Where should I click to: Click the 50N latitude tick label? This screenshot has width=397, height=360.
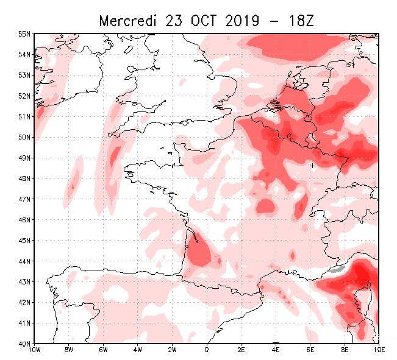pyautogui.click(x=24, y=137)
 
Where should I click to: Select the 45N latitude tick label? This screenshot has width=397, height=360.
pyautogui.click(x=24, y=240)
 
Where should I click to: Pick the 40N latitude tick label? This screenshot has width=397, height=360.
pyautogui.click(x=24, y=343)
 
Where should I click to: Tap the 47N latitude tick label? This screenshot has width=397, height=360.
pyautogui.click(x=24, y=199)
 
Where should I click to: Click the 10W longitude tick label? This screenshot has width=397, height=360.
pyautogui.click(x=34, y=350)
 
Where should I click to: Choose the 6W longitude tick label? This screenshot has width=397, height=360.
pyautogui.click(x=103, y=350)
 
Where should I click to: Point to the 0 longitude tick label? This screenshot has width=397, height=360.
pyautogui.click(x=207, y=350)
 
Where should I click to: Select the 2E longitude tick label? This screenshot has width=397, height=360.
pyautogui.click(x=241, y=350)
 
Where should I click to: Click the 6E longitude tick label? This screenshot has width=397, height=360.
pyautogui.click(x=310, y=350)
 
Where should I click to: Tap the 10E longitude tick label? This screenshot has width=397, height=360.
pyautogui.click(x=379, y=350)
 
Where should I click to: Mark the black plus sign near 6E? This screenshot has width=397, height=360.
pyautogui.click(x=312, y=165)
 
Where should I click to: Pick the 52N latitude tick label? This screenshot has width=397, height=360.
pyautogui.click(x=24, y=96)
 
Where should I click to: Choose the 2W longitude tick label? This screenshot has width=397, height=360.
pyautogui.click(x=172, y=350)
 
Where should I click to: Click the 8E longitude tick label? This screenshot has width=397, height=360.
pyautogui.click(x=345, y=350)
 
